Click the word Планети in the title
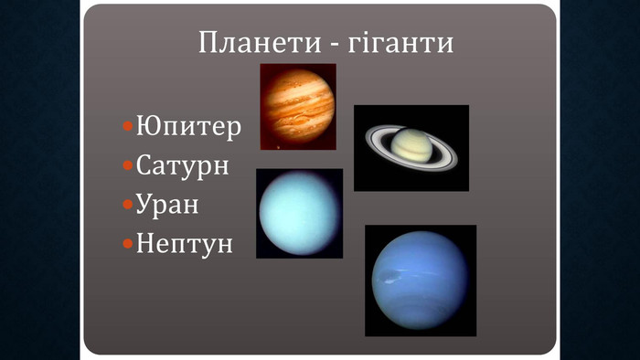tap(260, 42)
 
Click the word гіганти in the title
tap(400, 42)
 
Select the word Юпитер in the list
tap(188, 127)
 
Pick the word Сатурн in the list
tap(182, 165)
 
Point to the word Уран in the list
tap(167, 205)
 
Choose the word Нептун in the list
tap(184, 243)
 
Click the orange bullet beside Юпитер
tap(128, 126)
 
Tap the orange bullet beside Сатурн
tap(128, 165)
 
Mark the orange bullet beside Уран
tap(128, 204)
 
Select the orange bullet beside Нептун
tap(128, 243)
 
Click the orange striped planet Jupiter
tap(297, 106)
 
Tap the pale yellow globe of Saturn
tap(411, 145)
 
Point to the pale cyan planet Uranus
tap(299, 213)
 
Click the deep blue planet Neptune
tap(420, 281)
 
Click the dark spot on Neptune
tap(389, 277)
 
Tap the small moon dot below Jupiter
tap(278, 147)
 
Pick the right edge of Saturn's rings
tap(456, 158)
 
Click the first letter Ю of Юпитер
tap(145, 125)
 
